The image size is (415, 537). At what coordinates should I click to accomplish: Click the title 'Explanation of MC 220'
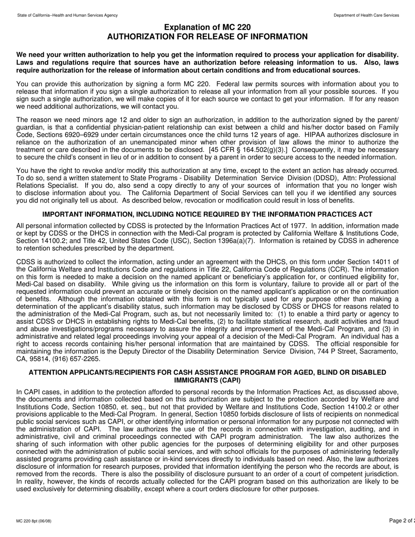207,28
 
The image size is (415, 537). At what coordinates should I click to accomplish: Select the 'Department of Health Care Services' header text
366,15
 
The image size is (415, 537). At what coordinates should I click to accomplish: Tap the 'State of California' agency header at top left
67,15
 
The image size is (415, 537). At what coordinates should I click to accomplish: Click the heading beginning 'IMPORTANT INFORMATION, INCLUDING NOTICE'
207,214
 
